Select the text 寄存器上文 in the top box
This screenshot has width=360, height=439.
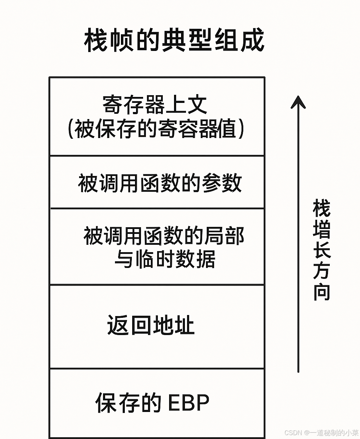[x=155, y=105]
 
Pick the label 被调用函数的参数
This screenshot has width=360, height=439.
[x=160, y=183]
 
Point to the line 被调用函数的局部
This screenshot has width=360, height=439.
[x=164, y=236]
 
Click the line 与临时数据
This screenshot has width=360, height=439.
[x=165, y=260]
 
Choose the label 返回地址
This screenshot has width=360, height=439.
[x=151, y=325]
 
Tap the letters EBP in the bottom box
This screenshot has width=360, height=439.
[x=188, y=402]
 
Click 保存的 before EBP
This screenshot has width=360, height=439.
[x=128, y=402]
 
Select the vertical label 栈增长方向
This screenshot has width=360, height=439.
[x=321, y=250]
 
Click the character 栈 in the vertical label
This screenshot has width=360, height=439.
[x=321, y=208]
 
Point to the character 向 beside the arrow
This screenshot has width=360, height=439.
[x=321, y=292]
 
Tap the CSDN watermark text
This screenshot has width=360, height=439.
[x=321, y=433]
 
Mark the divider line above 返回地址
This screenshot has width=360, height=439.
[x=157, y=285]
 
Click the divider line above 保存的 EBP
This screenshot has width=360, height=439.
[x=157, y=368]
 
